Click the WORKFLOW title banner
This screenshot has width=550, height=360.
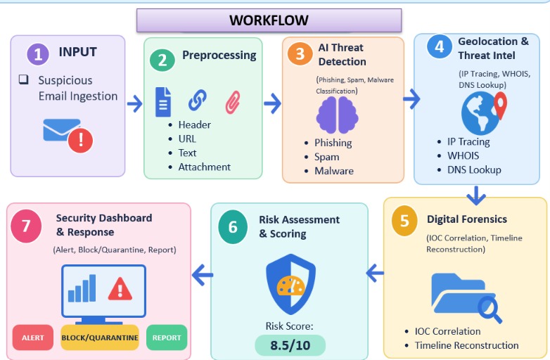tap(269, 20)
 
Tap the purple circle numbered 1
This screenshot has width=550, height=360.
tap(38, 54)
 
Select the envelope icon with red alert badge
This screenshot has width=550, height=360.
tap(68, 136)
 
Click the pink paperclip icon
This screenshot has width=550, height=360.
tap(233, 103)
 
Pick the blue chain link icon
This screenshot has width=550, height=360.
tap(198, 100)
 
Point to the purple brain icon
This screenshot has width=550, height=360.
tap(337, 115)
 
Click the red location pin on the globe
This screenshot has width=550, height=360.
tap(500, 105)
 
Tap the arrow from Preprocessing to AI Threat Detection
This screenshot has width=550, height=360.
tap(273, 103)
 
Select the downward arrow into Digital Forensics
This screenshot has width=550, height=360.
tap(476, 196)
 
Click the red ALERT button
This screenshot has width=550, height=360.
tap(33, 337)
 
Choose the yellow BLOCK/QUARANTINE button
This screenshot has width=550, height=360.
tap(100, 337)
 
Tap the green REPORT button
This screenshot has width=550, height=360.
tap(167, 337)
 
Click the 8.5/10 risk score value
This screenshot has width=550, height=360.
tap(290, 345)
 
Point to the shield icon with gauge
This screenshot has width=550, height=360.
tap(290, 284)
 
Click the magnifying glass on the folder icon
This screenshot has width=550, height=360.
tap(490, 309)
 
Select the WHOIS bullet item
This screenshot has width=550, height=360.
tap(463, 155)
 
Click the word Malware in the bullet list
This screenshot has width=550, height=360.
tap(334, 171)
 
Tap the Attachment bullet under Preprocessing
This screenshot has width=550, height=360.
tap(204, 167)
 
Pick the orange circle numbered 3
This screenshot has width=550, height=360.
tap(300, 53)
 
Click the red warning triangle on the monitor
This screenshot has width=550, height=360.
tap(120, 289)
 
